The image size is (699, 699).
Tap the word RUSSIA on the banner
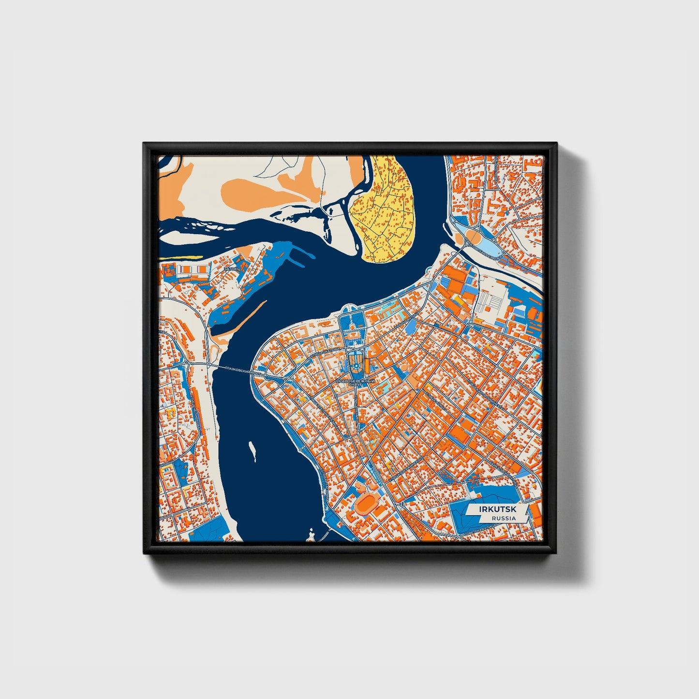tap(503, 518)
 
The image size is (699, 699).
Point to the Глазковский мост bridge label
tap(240, 371)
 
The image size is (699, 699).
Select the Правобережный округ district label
tap(356, 383)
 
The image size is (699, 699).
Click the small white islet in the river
tap(252, 450)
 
